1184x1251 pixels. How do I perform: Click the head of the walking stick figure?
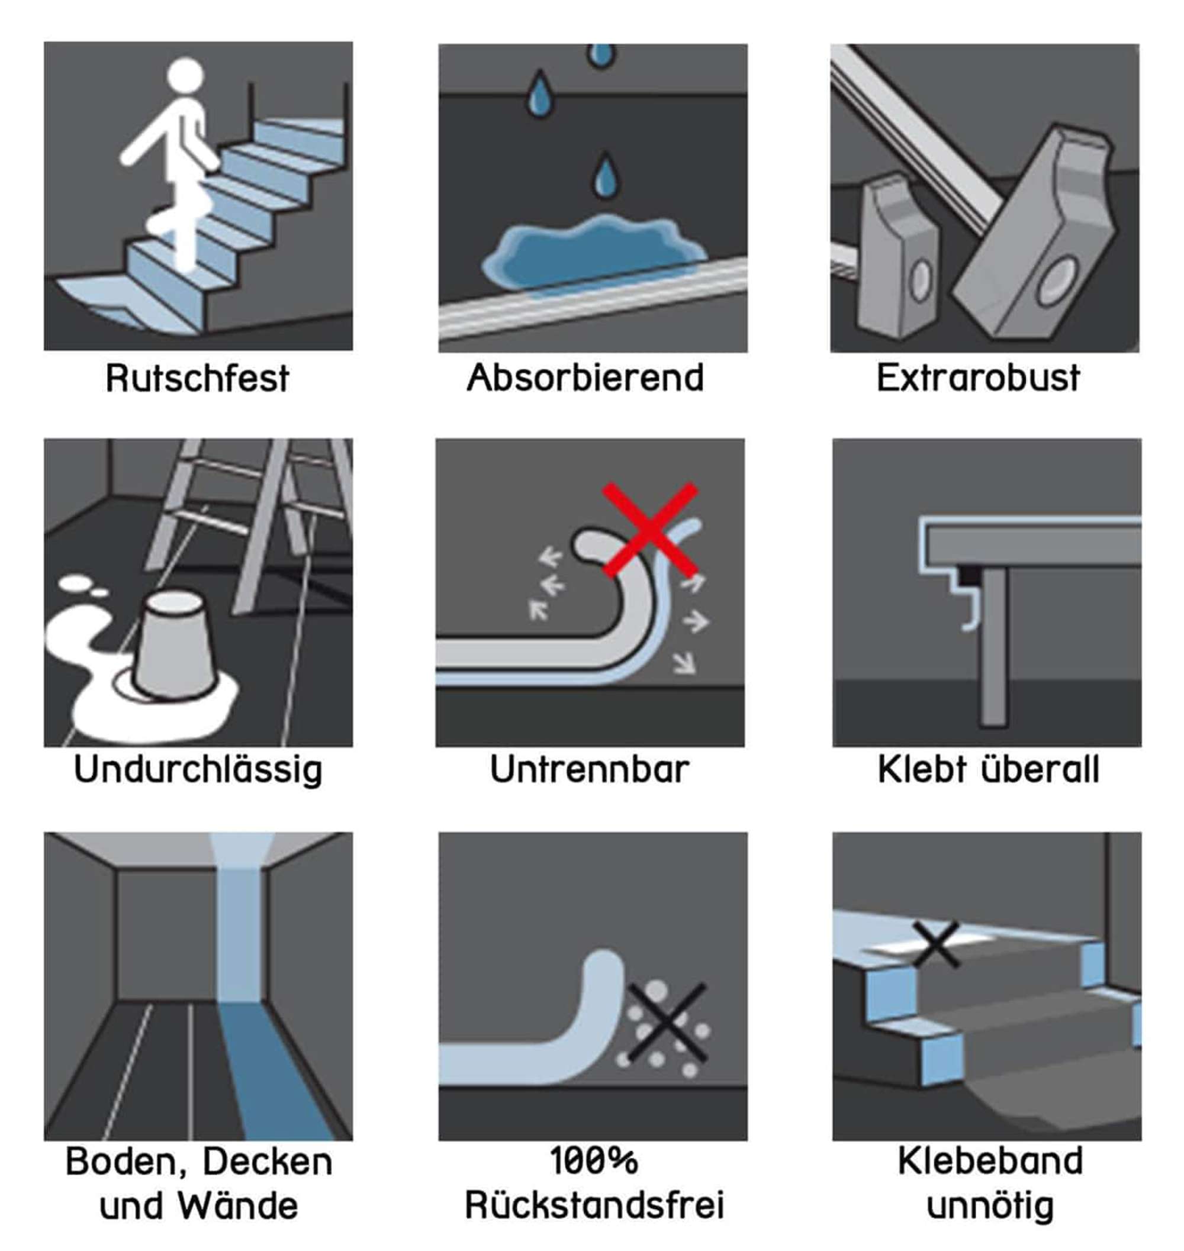tap(185, 76)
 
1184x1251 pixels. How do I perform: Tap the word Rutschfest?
tap(197, 379)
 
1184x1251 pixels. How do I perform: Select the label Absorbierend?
tap(585, 378)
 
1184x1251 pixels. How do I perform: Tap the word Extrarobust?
tap(977, 378)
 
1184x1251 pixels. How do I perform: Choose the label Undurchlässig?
tap(198, 770)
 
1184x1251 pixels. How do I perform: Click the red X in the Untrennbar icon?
tap(650, 530)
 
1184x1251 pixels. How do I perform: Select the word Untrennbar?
tap(590, 770)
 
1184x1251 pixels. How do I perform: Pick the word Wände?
tap(238, 1206)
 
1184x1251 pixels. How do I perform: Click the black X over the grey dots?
tap(667, 1022)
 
